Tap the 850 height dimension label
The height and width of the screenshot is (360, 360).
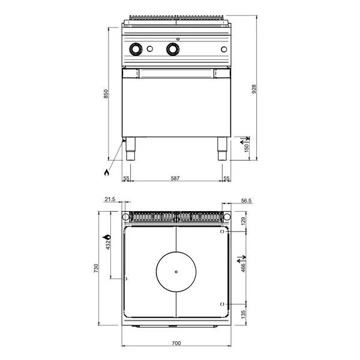pos(106,94)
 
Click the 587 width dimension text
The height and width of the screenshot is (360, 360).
pos(175,178)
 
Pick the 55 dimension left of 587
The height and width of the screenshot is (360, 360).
pos(126,178)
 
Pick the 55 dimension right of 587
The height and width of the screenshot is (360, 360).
pos(226,178)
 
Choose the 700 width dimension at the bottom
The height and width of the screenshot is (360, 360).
pos(175,344)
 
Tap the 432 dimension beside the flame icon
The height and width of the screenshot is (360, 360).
pos(108,244)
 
